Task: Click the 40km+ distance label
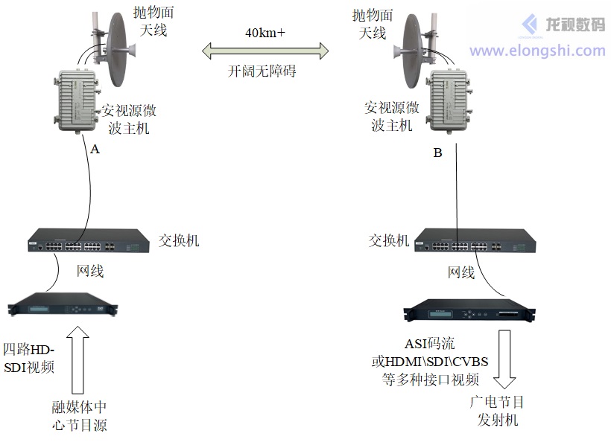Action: tap(265, 33)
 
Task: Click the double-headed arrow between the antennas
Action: tap(266, 51)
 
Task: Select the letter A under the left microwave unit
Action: tap(95, 149)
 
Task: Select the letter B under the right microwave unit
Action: tap(437, 153)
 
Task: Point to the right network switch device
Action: tap(474, 244)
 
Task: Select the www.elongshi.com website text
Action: tap(536, 51)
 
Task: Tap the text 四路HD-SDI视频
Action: tap(30, 358)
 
